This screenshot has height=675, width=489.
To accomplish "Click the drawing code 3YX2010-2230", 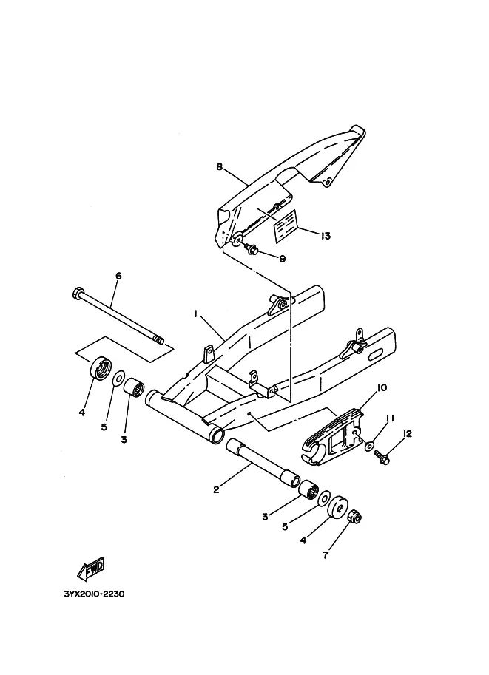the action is coord(95,594).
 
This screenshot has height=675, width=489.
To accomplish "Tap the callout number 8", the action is coord(220,166).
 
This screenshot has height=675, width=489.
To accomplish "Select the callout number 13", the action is coord(326,236).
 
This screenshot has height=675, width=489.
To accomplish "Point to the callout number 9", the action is coord(283,259).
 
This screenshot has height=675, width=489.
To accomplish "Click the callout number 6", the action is coord(118,276).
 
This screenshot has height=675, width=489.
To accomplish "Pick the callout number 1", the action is coord(195,314).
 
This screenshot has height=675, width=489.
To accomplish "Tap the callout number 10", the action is coord(382,387).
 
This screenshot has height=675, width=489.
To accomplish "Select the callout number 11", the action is coord(391,418).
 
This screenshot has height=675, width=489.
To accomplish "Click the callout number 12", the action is coord(407,433).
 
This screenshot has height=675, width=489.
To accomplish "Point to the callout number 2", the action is coord(216,489).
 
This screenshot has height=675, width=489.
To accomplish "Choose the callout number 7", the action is coord(326,555).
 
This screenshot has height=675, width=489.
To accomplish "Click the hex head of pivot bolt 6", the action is coord(78,294).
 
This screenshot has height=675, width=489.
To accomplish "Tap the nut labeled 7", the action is coord(354,515).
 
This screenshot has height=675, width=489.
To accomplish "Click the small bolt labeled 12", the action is coord(381,457).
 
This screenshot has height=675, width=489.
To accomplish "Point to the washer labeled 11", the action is coord(370,446).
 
